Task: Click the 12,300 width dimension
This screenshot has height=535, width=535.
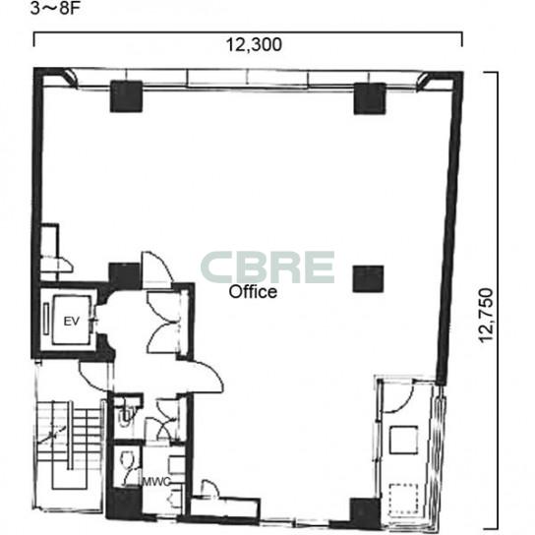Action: click(x=254, y=44)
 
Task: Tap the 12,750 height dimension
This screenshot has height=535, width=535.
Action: click(x=486, y=316)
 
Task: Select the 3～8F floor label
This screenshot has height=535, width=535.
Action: click(x=55, y=9)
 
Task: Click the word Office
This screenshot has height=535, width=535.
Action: click(x=253, y=292)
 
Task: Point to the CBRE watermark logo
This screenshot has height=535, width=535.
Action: click(x=267, y=267)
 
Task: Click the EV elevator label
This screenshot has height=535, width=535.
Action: click(x=72, y=321)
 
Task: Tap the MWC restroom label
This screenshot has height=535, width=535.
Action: click(x=156, y=482)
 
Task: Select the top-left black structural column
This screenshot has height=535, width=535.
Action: click(x=126, y=96)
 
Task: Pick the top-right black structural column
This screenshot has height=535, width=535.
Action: click(x=370, y=98)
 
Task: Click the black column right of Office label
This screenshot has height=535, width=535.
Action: click(x=368, y=278)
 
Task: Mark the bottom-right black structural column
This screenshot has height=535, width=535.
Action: click(x=365, y=513)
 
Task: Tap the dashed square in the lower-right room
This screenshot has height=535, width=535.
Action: click(x=403, y=499)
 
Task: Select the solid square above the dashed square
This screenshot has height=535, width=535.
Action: click(x=403, y=440)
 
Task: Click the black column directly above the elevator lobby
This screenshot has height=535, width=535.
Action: click(x=124, y=275)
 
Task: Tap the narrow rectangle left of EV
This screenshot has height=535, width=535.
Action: click(x=46, y=319)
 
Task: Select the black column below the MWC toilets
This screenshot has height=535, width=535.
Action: click(x=124, y=504)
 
